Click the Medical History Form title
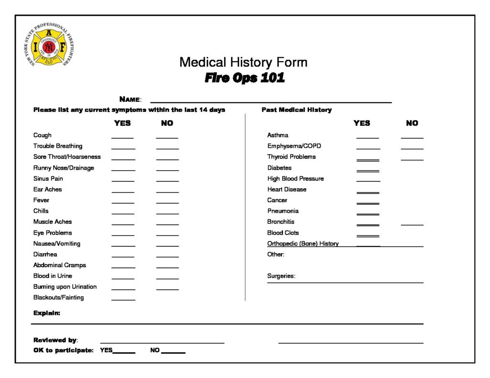(x=243, y=62)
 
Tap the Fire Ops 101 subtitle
(x=245, y=78)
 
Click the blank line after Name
(x=271, y=102)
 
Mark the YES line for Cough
(x=122, y=137)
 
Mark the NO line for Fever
(x=167, y=202)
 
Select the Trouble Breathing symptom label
(x=58, y=146)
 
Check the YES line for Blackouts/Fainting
(x=123, y=299)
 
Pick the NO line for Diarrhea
(x=167, y=256)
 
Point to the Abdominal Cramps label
(x=60, y=265)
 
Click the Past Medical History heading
(x=297, y=110)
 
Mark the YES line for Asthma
(x=367, y=137)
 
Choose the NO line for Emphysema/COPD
(x=412, y=148)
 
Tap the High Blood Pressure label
(x=295, y=179)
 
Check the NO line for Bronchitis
(x=412, y=224)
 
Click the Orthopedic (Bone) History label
(x=303, y=244)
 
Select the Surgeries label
(x=281, y=276)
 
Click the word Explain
(x=47, y=313)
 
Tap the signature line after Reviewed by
(x=162, y=342)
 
